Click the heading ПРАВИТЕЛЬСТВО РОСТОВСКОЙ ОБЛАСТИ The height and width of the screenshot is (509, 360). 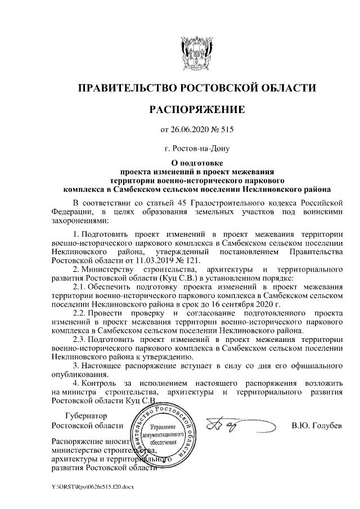196,88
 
